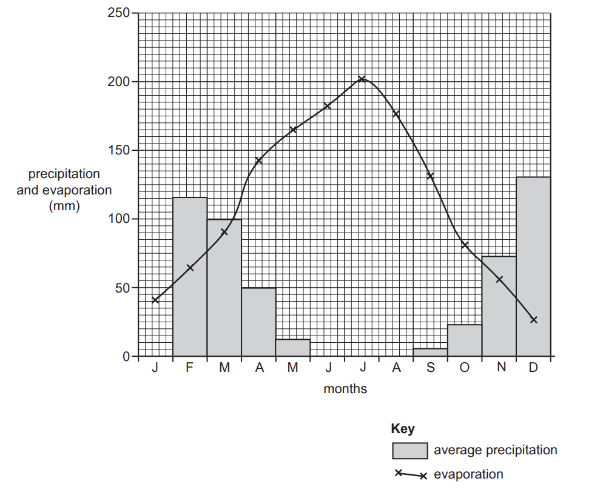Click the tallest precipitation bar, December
pyautogui.click(x=533, y=267)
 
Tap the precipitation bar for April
pyautogui.click(x=258, y=322)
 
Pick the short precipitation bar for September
pyautogui.click(x=430, y=353)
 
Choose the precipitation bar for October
pyautogui.click(x=465, y=340)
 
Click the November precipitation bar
pyautogui.click(x=499, y=306)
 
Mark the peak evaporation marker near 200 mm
pyautogui.click(x=362, y=79)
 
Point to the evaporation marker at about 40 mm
pyautogui.click(x=155, y=300)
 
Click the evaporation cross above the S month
pyautogui.click(x=430, y=176)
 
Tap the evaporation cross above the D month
pyautogui.click(x=533, y=319)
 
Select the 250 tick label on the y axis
pyautogui.click(x=118, y=13)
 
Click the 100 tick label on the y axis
pyautogui.click(x=118, y=219)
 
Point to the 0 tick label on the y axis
pyautogui.click(x=126, y=356)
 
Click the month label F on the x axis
pyautogui.click(x=190, y=368)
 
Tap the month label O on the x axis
pyautogui.click(x=465, y=368)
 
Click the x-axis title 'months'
pyautogui.click(x=345, y=389)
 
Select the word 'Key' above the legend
pyautogui.click(x=403, y=429)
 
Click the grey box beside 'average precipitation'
pyautogui.click(x=409, y=451)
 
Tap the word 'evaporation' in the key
pyautogui.click(x=468, y=474)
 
